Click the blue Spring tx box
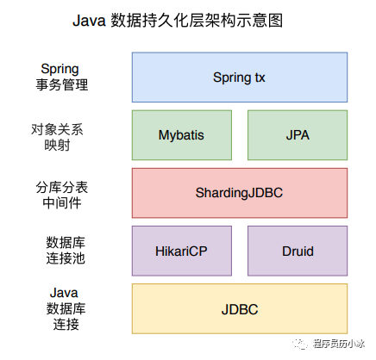click(x=239, y=78)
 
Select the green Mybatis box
click(x=182, y=135)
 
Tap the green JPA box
click(x=297, y=135)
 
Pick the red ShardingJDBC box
click(x=239, y=193)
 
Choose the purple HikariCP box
click(x=182, y=251)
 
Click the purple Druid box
click(x=297, y=251)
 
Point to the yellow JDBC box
click(x=239, y=308)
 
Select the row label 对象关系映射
click(x=65, y=135)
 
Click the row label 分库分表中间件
click(x=65, y=193)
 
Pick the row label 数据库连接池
click(x=65, y=251)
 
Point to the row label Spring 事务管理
click(x=65, y=77)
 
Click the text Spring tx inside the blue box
click(x=239, y=78)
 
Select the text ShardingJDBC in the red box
click(x=239, y=193)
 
